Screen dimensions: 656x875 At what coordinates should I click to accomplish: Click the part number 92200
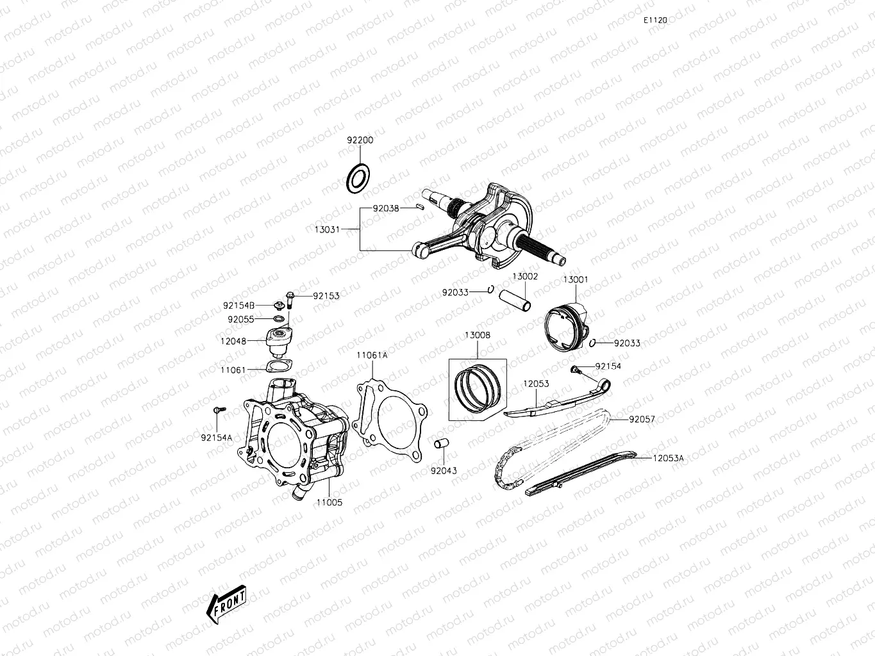tap(360, 140)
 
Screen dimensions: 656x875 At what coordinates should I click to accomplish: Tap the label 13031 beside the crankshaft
tap(327, 229)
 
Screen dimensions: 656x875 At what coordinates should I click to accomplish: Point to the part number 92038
tap(387, 208)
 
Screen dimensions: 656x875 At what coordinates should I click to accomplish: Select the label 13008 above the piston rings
tap(478, 335)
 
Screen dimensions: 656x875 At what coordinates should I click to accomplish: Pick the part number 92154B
tap(239, 306)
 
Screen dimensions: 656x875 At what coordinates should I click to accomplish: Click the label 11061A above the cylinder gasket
tap(372, 354)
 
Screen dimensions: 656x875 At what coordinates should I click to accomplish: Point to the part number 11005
tap(329, 502)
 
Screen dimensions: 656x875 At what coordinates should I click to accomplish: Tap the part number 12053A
tap(669, 458)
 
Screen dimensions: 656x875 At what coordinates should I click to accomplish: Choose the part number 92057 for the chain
tap(642, 420)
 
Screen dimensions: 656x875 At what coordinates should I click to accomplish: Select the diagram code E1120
tap(656, 20)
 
